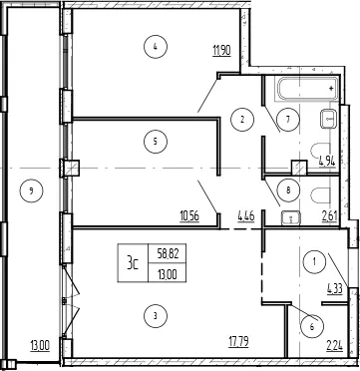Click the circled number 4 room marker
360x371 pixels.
click(x=156, y=47)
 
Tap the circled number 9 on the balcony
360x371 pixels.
click(x=31, y=191)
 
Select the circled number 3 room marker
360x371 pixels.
click(x=156, y=316)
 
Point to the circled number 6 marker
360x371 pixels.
click(x=312, y=327)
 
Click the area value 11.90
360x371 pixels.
click(x=222, y=52)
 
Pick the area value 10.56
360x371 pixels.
click(x=189, y=216)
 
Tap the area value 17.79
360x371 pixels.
click(x=239, y=341)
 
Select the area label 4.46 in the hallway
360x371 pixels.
click(x=246, y=216)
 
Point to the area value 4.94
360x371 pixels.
click(x=327, y=163)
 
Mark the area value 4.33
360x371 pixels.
click(x=334, y=287)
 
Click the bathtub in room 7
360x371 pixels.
click(x=308, y=89)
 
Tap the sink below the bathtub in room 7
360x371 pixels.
click(x=329, y=119)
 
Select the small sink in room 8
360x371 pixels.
click(x=290, y=218)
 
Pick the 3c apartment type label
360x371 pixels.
click(x=133, y=263)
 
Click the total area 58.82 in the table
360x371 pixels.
click(x=168, y=255)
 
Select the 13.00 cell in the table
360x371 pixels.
click(x=168, y=274)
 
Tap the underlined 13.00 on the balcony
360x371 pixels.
click(x=40, y=347)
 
